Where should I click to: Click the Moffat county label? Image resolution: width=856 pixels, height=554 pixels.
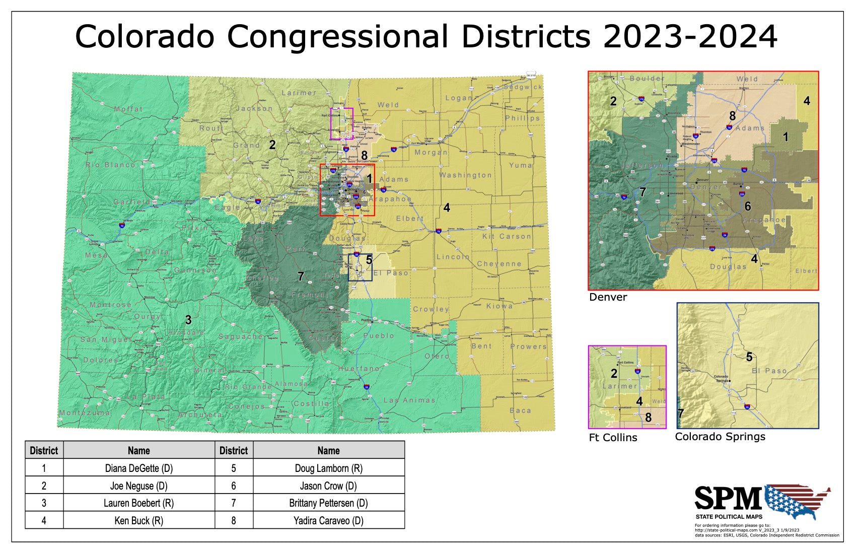128,109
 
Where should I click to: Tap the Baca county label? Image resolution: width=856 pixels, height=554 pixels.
520,410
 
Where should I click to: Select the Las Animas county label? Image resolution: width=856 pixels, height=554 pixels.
409,400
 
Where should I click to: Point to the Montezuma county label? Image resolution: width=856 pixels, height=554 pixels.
85,413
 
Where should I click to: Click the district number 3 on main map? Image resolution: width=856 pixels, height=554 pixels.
188,320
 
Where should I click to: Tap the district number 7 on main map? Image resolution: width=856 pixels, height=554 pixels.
301,276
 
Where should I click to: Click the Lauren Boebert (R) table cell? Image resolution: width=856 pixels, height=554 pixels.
138,503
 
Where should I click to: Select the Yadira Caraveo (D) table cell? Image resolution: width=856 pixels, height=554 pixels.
328,520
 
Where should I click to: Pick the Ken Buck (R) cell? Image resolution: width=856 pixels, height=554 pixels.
138,520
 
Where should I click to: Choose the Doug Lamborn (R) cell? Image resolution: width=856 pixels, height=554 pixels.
328,468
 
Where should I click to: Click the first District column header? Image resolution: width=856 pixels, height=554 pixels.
44,450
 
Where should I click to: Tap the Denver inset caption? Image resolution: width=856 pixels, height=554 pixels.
608,297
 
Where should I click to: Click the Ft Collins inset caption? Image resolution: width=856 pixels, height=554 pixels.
613,438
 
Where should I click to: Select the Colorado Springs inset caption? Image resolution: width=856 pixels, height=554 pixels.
720,437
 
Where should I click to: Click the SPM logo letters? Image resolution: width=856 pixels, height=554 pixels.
728,499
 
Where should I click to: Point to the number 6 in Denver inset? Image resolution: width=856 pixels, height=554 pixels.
748,206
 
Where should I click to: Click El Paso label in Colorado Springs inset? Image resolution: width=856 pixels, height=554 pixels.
769,371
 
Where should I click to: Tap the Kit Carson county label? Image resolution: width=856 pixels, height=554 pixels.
507,236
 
